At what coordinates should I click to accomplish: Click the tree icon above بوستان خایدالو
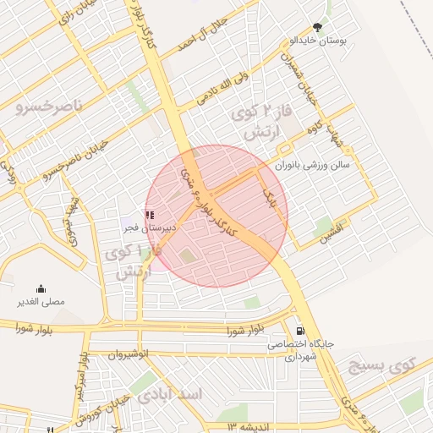(x=318, y=27)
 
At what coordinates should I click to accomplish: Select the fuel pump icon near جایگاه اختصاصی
(x=299, y=331)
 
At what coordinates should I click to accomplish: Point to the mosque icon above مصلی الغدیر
(x=41, y=289)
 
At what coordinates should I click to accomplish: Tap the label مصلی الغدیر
(x=41, y=302)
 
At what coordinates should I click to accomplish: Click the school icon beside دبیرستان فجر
(x=150, y=216)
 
